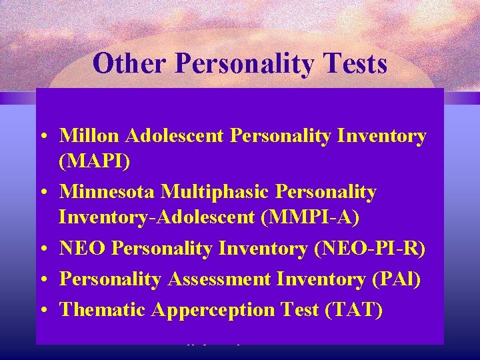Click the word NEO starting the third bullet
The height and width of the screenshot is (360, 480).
83,248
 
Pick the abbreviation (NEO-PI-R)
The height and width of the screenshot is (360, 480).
369,248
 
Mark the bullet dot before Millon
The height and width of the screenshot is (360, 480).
42,137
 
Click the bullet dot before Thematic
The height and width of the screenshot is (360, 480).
42,311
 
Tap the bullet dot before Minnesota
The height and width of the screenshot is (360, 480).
42,193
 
